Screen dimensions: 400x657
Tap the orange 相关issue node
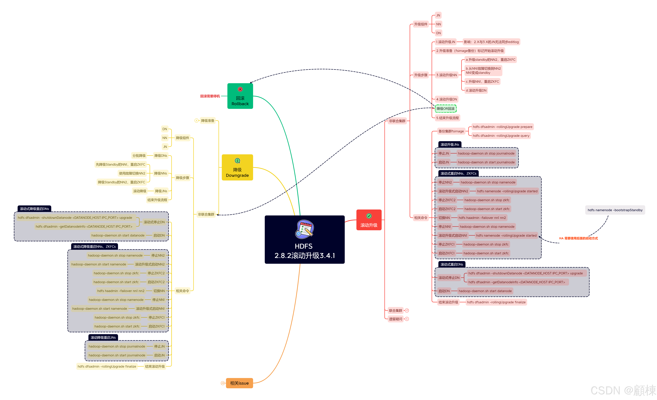pos(239,383)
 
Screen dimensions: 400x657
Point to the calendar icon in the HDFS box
pos(305,229)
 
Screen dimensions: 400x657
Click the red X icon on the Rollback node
pos(240,89)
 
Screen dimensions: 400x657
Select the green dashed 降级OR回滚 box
pos(446,109)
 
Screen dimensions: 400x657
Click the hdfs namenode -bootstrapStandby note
pos(615,210)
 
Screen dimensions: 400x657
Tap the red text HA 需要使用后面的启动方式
pos(578,238)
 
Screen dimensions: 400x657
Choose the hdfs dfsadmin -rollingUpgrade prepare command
pos(502,127)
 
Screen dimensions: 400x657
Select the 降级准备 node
pos(207,121)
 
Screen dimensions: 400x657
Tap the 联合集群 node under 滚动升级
pos(395,311)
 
